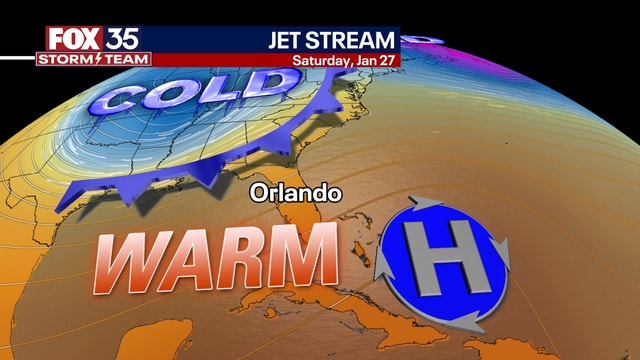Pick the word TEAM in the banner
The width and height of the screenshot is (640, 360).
(127, 59)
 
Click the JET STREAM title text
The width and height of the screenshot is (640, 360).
(331, 41)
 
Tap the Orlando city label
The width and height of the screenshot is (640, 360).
(281, 189)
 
